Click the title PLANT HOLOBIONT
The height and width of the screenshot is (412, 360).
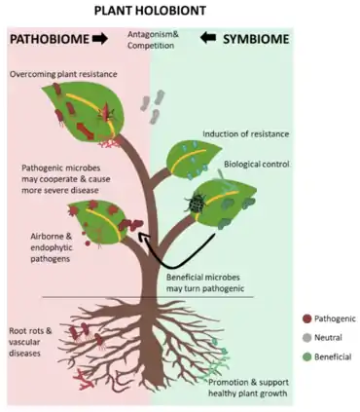pos(150,11)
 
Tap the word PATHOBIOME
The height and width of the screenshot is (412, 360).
pos(50,39)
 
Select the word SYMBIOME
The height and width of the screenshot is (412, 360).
pos(256,39)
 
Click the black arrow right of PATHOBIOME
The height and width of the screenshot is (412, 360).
pos(99,39)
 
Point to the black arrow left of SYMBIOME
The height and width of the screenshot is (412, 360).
pos(208,38)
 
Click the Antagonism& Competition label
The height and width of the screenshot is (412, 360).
pos(153,40)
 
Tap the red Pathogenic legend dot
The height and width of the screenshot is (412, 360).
pos(306,318)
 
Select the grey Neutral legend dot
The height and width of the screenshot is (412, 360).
pos(306,338)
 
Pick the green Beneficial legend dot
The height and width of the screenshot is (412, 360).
pos(306,357)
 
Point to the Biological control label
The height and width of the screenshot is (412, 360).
pos(256,165)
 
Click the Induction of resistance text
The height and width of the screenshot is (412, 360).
pos(245,133)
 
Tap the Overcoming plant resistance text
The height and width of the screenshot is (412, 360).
pos(63,74)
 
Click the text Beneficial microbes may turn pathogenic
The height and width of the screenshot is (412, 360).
pos(205,282)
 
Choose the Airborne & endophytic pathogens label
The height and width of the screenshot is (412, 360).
pos(52,247)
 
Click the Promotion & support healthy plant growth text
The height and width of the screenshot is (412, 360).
pos(248,388)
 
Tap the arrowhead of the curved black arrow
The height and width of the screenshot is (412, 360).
pos(142,237)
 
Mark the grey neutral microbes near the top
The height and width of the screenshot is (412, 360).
pos(153,106)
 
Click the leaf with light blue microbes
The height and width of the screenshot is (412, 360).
pos(193,160)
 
